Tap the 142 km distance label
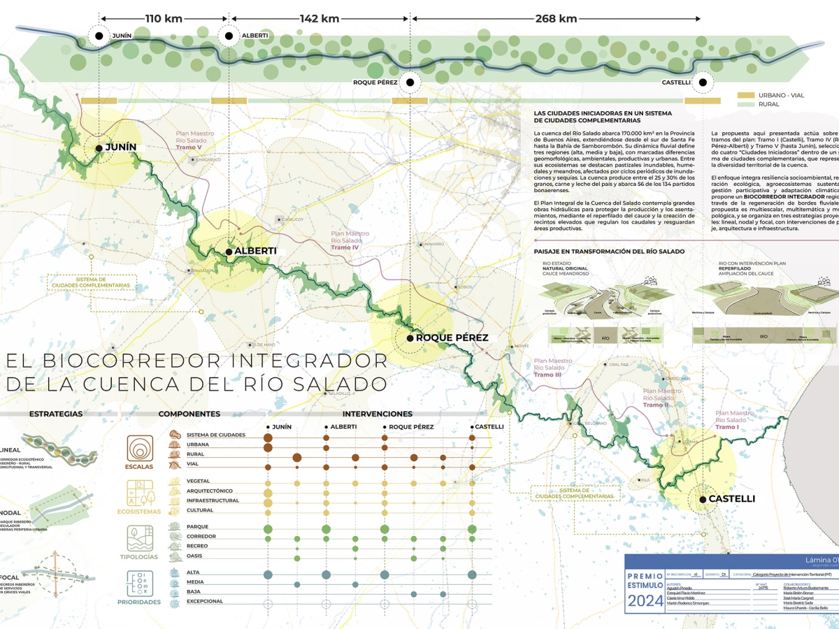click(319, 19)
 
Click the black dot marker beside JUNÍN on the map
click(99, 147)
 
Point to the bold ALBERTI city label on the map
click(255, 251)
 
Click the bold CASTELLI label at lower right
click(731, 499)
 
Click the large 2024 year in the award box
click(646, 602)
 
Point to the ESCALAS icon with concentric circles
click(141, 448)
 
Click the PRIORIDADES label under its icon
click(139, 602)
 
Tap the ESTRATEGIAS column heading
click(56, 414)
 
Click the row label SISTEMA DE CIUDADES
click(216, 435)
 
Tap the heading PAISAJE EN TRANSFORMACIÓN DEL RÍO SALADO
click(609, 251)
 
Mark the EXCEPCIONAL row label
click(205, 601)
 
